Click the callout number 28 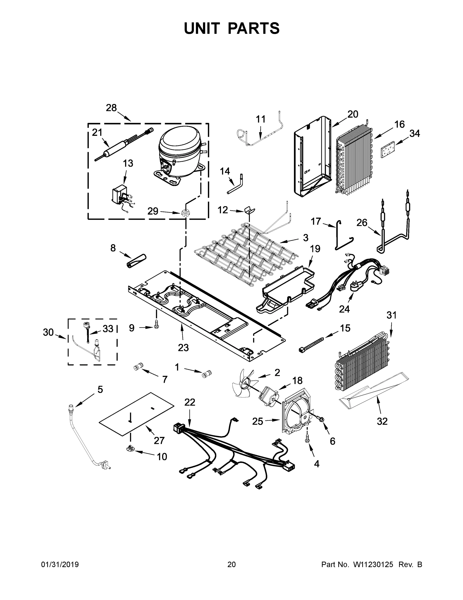[111, 108]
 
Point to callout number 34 [414, 133]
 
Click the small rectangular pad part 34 [388, 150]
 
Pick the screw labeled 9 [157, 324]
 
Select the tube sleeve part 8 [136, 261]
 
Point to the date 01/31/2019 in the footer [60, 564]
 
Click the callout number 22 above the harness [189, 402]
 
